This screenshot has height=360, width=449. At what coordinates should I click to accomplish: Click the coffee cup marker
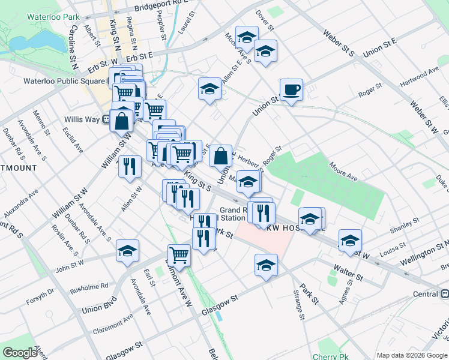pyautogui.click(x=291, y=90)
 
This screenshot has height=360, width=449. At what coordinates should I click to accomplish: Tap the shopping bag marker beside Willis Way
pyautogui.click(x=122, y=120)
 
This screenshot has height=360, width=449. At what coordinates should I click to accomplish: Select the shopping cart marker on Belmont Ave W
pyautogui.click(x=179, y=256)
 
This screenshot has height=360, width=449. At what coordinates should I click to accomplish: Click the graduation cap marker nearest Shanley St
pyautogui.click(x=350, y=241)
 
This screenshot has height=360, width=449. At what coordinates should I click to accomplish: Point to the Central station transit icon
pyautogui.click(x=445, y=294)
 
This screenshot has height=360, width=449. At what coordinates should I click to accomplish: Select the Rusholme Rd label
pyautogui.click(x=88, y=286)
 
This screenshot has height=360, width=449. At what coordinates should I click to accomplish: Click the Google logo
pyautogui.click(x=20, y=353)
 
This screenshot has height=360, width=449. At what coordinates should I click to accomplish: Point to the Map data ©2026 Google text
pyautogui.click(x=412, y=355)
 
